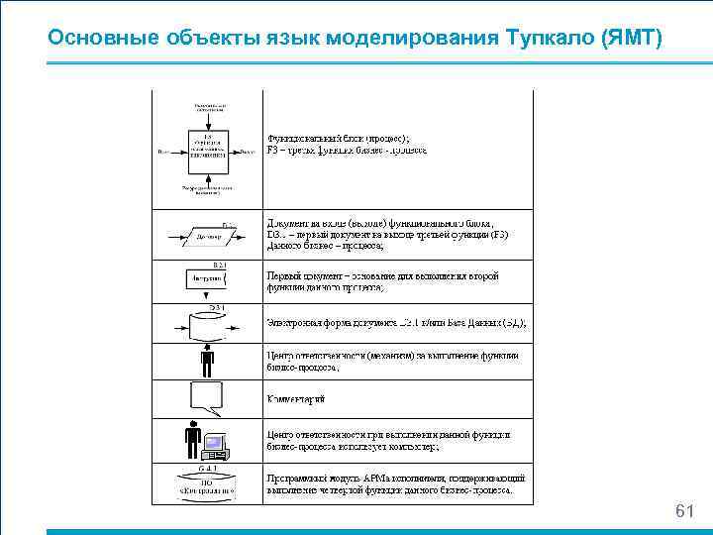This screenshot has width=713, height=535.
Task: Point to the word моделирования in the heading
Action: point(394,38)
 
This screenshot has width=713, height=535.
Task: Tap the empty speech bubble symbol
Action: point(207,397)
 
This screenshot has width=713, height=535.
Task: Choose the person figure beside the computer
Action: point(194,440)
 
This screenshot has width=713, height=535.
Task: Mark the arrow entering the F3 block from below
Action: point(207,179)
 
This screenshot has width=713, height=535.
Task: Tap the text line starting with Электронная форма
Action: point(396,323)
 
